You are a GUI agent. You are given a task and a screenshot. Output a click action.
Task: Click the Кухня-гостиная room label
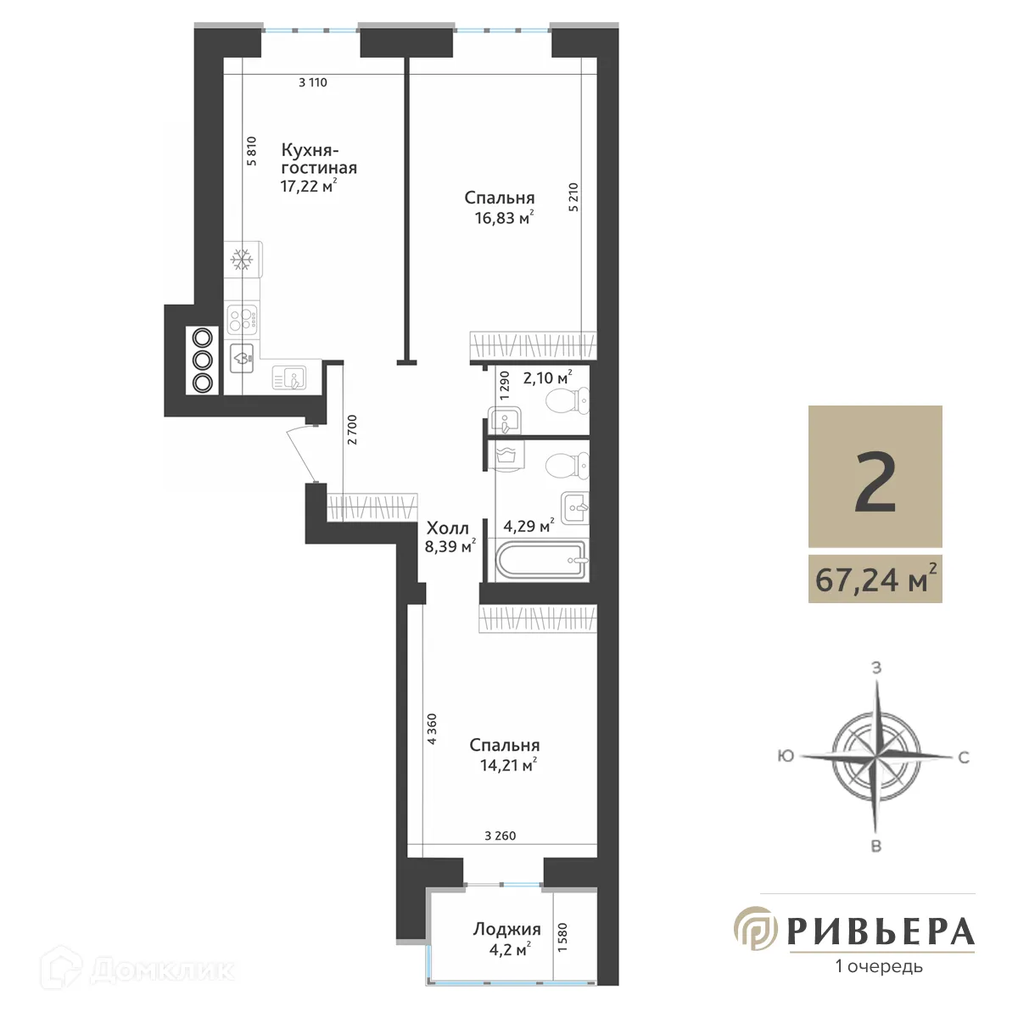(x=318, y=159)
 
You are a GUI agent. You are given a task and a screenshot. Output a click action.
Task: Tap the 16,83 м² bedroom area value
(x=504, y=218)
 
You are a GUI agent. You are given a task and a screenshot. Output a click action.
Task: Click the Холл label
(x=447, y=528)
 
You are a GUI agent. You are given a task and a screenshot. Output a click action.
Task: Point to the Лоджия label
(x=506, y=929)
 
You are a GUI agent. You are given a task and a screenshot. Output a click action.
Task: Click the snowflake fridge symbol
(x=243, y=259)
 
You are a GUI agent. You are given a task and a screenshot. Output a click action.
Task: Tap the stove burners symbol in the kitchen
(x=243, y=318)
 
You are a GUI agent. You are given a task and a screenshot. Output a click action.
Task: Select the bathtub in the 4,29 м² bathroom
(x=540, y=561)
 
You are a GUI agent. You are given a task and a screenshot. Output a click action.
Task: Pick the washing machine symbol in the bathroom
(x=508, y=456)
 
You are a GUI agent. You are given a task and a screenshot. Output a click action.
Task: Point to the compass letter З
(x=876, y=668)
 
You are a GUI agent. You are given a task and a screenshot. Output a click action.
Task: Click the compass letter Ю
(x=786, y=755)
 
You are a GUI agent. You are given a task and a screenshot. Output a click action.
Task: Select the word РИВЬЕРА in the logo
(x=880, y=931)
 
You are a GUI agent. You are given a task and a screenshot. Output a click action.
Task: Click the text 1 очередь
(x=879, y=966)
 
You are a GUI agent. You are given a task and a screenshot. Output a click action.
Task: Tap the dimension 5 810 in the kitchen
(x=251, y=151)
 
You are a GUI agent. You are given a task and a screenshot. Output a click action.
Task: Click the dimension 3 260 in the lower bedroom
(x=500, y=836)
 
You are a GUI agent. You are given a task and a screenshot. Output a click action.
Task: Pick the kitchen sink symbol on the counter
(x=290, y=377)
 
